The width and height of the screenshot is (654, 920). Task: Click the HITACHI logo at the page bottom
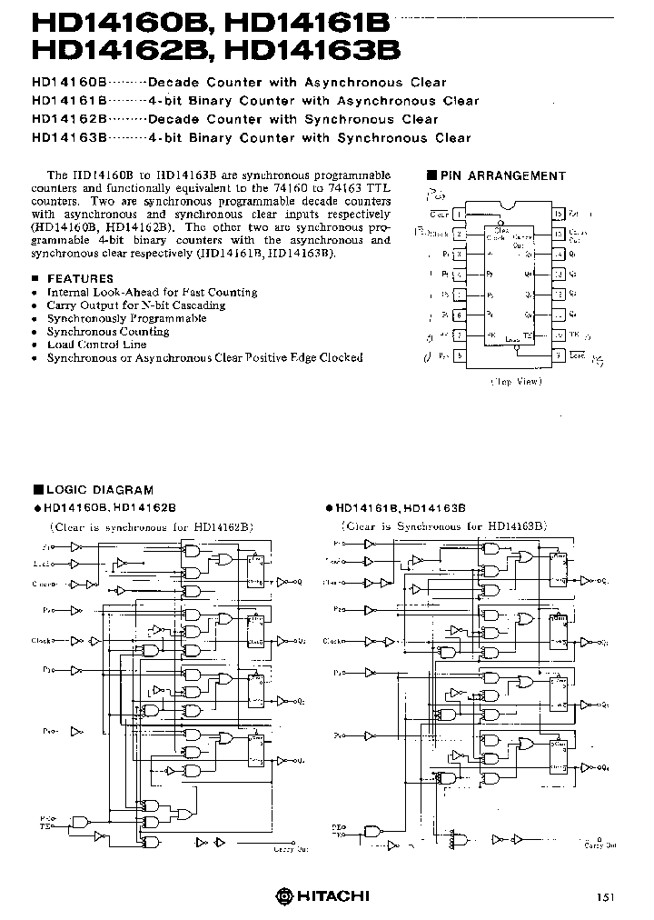(x=324, y=895)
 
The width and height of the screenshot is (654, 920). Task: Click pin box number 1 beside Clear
(x=461, y=214)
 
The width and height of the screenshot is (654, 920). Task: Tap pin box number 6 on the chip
(x=461, y=315)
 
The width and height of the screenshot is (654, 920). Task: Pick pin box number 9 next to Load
(x=558, y=356)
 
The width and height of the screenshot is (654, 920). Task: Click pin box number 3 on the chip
(x=461, y=254)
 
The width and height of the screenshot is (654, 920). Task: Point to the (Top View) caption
(x=515, y=381)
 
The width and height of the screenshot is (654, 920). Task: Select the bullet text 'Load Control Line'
(x=96, y=345)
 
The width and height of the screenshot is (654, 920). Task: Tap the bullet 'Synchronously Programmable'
(x=126, y=318)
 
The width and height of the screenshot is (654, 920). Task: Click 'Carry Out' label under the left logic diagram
(x=289, y=851)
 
